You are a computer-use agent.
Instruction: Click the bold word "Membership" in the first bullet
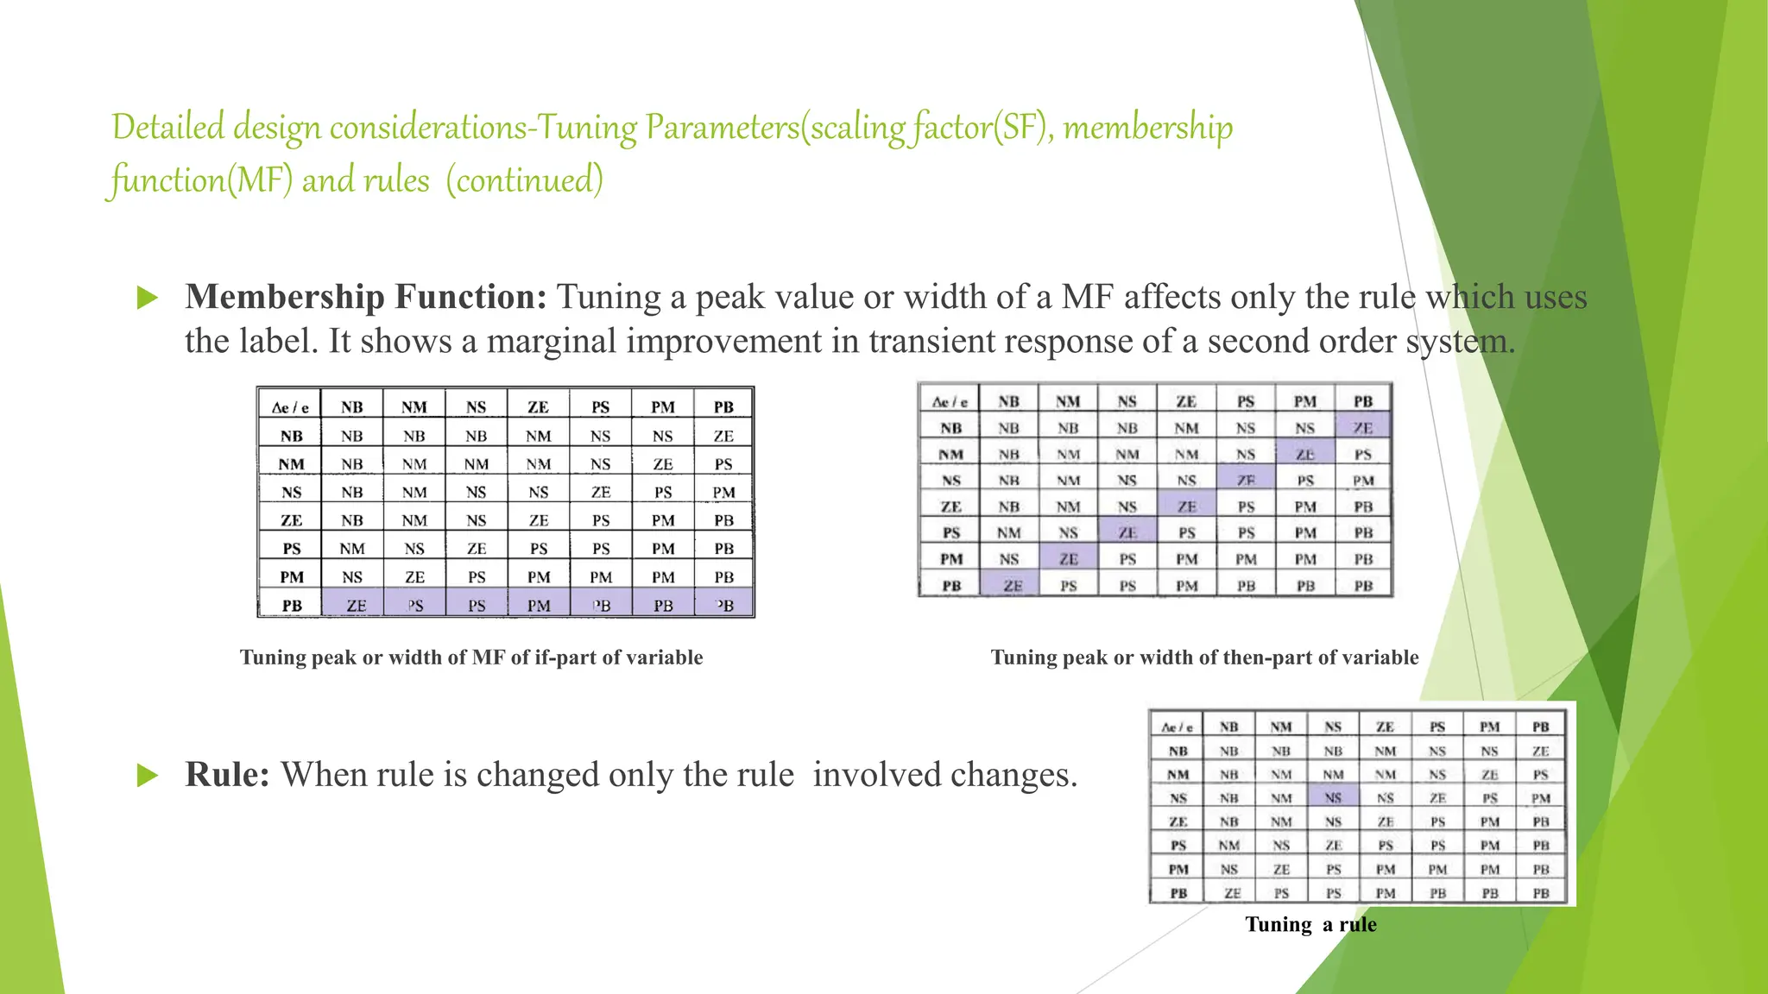(284, 297)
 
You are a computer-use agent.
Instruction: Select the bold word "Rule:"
(227, 775)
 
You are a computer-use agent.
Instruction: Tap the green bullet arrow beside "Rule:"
(148, 776)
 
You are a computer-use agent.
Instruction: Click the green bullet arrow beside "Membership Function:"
(148, 299)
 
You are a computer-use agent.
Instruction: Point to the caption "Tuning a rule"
(1310, 925)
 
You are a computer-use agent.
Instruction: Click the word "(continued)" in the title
(524, 180)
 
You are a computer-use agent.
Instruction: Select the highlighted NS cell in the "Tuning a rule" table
(1333, 798)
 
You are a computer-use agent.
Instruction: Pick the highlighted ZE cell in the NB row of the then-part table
(1363, 428)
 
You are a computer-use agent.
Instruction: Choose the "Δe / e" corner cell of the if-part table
(290, 407)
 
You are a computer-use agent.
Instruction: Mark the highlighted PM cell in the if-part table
(539, 606)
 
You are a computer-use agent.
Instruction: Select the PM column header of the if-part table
(662, 407)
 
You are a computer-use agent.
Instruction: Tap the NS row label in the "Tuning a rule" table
(1178, 798)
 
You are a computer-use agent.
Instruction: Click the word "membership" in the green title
(1147, 128)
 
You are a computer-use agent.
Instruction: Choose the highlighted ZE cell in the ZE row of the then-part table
(1187, 507)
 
